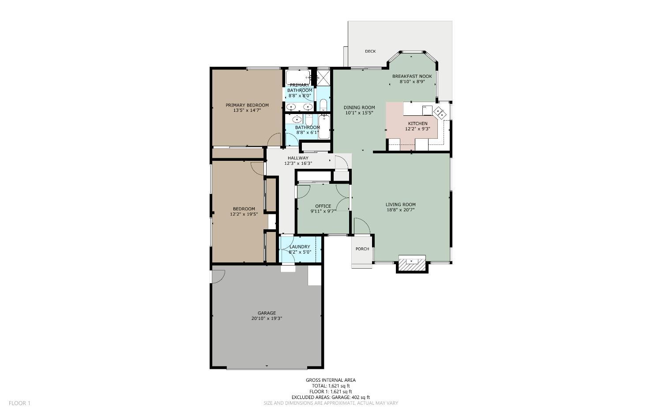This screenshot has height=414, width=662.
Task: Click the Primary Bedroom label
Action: pos(247,105)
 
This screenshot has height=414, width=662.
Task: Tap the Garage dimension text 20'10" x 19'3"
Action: pos(267,319)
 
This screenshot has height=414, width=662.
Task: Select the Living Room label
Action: pos(400,205)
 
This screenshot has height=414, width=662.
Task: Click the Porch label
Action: pos(362,249)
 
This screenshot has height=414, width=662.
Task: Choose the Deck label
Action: pos(370,51)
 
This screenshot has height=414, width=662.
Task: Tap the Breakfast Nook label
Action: pos(412,76)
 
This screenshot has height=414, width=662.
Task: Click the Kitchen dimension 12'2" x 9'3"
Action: pos(418,129)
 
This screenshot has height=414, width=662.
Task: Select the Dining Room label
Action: pos(359,107)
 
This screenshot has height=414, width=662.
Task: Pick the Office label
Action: pos(323,206)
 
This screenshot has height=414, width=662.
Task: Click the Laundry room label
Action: pos(300,247)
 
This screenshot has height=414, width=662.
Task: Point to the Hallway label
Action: pos(298,158)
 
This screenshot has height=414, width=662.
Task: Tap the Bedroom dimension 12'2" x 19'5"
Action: pos(244,214)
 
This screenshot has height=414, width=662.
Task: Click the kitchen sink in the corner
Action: pos(440,112)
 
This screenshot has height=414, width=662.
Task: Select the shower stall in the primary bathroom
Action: pos(323,77)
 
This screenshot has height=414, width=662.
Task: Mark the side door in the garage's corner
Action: pos(218,276)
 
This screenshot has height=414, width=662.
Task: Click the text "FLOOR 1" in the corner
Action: pos(19,403)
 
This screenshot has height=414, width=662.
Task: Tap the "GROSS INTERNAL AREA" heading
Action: pos(331,380)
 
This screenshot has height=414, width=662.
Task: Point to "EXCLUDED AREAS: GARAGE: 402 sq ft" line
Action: pos(331,397)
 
